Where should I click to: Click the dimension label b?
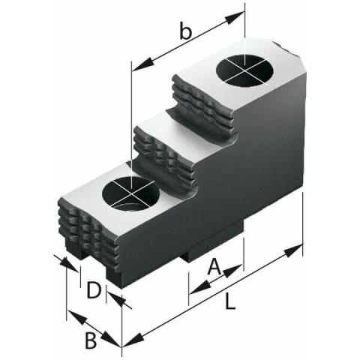pyautogui.click(x=186, y=31)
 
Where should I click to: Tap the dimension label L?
pyautogui.click(x=230, y=301)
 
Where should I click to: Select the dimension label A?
pyautogui.click(x=214, y=266)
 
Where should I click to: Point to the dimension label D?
pyautogui.click(x=94, y=290)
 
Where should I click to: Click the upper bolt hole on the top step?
pyautogui.click(x=244, y=70)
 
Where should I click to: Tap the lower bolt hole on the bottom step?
pyautogui.click(x=131, y=193)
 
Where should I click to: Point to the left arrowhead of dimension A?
pyautogui.click(x=199, y=287)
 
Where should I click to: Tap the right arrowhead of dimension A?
pyautogui.click(x=232, y=271)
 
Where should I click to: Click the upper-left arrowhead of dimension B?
pyautogui.click(x=77, y=316)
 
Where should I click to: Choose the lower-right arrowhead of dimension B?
pyautogui.click(x=112, y=340)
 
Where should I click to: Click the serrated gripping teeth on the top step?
pyautogui.click(x=204, y=106)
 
